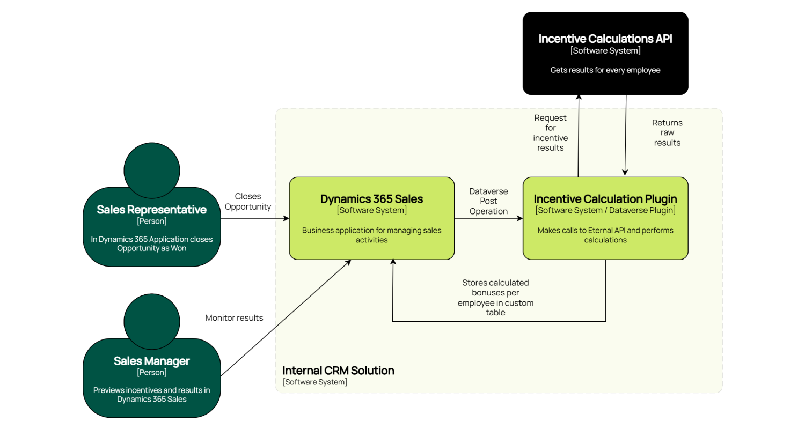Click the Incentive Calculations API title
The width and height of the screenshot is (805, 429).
[605, 39]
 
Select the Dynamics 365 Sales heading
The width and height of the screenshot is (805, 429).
[371, 199]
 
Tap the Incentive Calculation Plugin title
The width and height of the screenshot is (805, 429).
[605, 199]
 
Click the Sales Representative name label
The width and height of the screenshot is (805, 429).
[152, 210]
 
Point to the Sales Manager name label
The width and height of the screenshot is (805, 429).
[152, 361]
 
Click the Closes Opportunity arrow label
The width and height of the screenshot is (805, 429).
[248, 202]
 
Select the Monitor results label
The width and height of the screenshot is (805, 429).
[235, 318]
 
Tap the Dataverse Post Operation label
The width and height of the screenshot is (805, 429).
[488, 201]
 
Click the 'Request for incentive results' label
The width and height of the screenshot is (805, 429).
[551, 132]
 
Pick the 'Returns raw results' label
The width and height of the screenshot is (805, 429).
[667, 133]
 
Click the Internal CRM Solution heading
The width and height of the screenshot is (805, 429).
[338, 371]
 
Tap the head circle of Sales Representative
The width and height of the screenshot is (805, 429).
[151, 169]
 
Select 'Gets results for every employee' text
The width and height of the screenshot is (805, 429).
[605, 70]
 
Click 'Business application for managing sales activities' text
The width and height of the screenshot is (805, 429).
[371, 235]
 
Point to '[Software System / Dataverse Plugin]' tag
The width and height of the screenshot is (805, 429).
[605, 210]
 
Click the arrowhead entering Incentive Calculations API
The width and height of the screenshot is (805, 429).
[579, 98]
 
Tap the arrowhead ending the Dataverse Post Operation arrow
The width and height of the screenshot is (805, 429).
[520, 219]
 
